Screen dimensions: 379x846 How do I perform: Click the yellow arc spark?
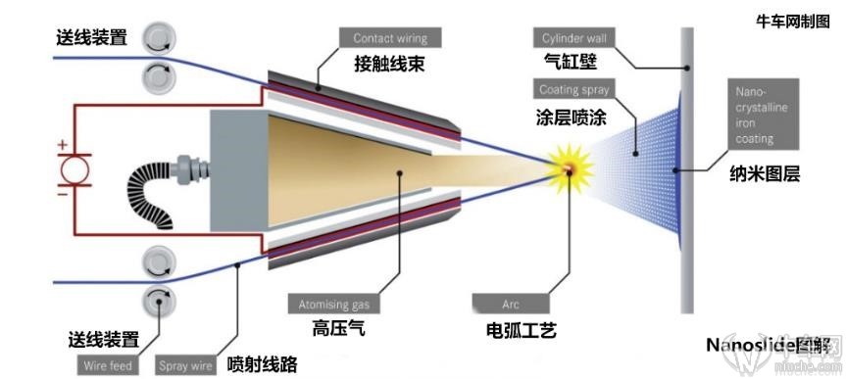567,169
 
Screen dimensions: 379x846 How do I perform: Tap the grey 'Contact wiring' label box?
390,38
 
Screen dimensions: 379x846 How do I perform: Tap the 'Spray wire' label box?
185,366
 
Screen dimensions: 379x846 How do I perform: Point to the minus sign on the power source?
63,195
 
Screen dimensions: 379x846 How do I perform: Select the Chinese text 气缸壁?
570,63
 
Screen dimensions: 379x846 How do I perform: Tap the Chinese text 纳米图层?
765,175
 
